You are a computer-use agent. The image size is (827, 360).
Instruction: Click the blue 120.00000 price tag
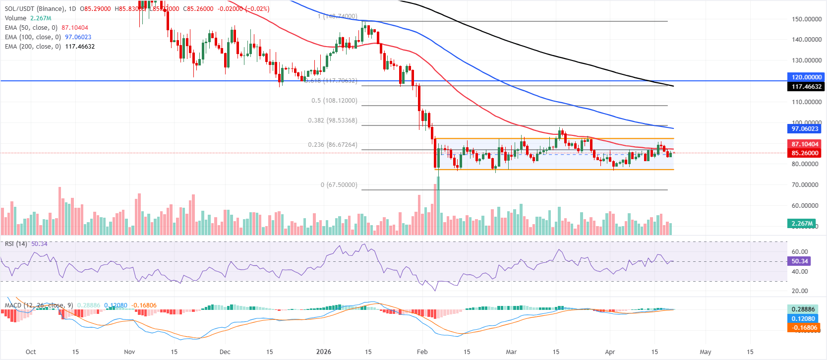pyautogui.click(x=806, y=77)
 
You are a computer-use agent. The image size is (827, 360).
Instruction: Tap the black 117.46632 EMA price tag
pyautogui.click(x=806, y=86)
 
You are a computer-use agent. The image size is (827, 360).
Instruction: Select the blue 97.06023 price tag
pyautogui.click(x=804, y=128)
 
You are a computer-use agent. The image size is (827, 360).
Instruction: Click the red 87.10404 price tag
pyautogui.click(x=804, y=144)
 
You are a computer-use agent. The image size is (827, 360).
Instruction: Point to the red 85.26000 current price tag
pyautogui.click(x=804, y=153)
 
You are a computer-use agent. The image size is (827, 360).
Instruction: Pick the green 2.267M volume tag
pyautogui.click(x=802, y=223)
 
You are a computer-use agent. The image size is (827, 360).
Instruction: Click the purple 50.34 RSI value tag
pyautogui.click(x=799, y=261)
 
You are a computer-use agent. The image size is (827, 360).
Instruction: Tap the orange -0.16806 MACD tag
pyautogui.click(x=804, y=328)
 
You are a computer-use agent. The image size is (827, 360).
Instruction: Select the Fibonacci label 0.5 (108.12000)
pyautogui.click(x=334, y=101)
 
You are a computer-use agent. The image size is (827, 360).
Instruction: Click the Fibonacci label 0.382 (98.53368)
pyautogui.click(x=332, y=120)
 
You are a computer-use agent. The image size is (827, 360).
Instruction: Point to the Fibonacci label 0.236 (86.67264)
pyautogui.click(x=332, y=145)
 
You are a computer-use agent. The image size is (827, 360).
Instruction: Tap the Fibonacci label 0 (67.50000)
pyautogui.click(x=339, y=185)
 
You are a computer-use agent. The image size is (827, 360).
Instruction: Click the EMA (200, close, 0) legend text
pyautogui.click(x=33, y=47)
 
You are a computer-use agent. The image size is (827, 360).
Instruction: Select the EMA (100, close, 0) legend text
pyautogui.click(x=33, y=37)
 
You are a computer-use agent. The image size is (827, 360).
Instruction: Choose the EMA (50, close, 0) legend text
pyautogui.click(x=31, y=28)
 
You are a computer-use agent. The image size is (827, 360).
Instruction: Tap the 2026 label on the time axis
pyautogui.click(x=323, y=352)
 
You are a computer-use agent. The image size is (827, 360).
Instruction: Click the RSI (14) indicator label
pyautogui.click(x=16, y=244)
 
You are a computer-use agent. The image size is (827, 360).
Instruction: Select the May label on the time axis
pyautogui.click(x=705, y=352)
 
